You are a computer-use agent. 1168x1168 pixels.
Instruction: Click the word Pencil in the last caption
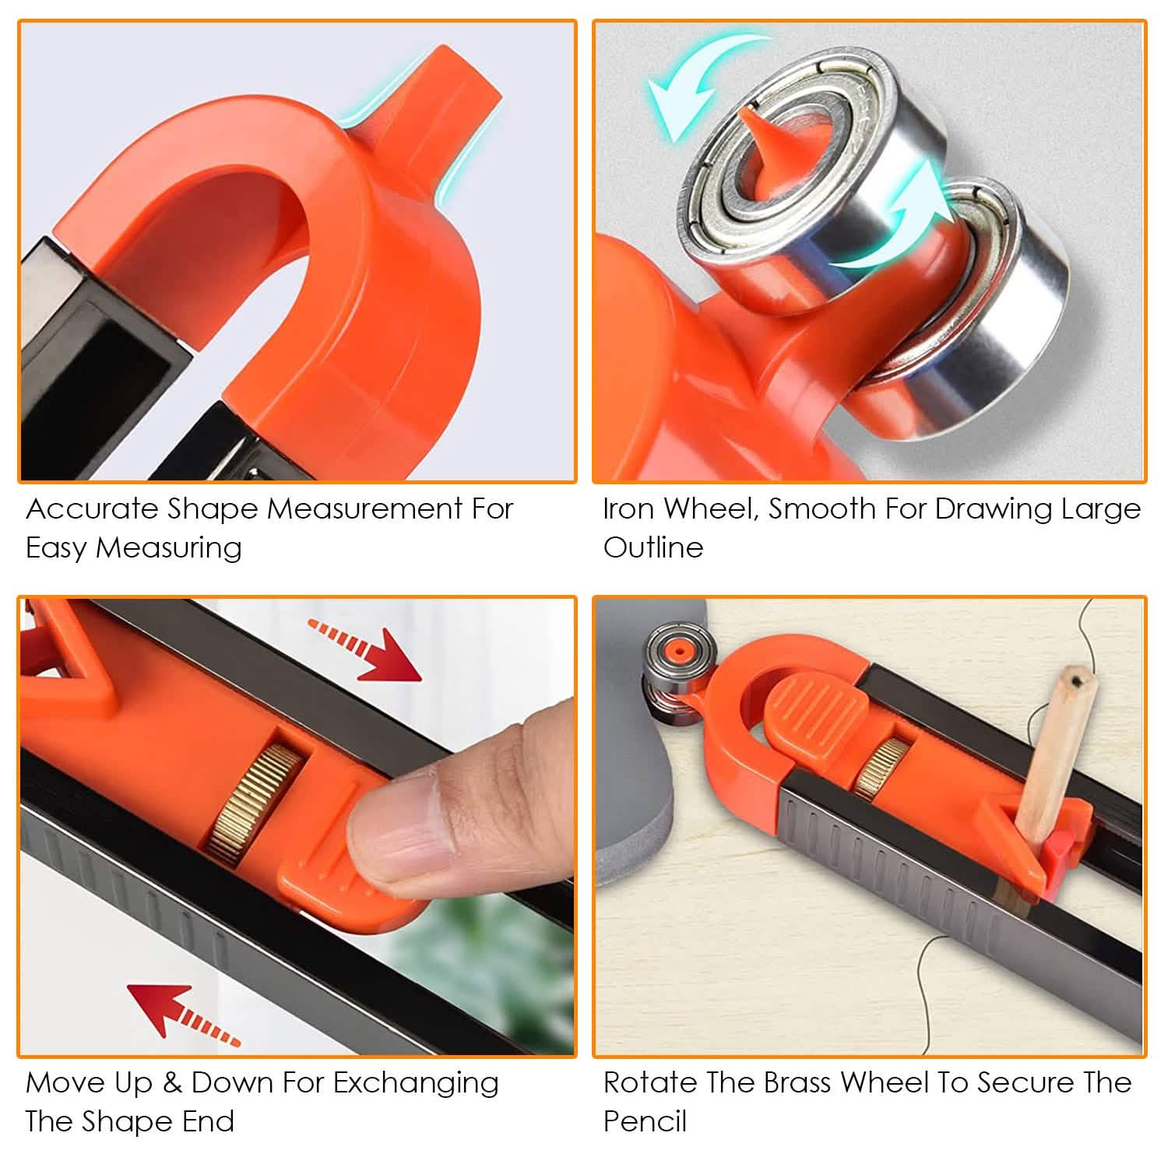(645, 1122)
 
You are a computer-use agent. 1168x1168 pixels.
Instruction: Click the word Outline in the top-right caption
(653, 547)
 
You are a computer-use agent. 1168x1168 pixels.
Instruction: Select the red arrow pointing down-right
(366, 649)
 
